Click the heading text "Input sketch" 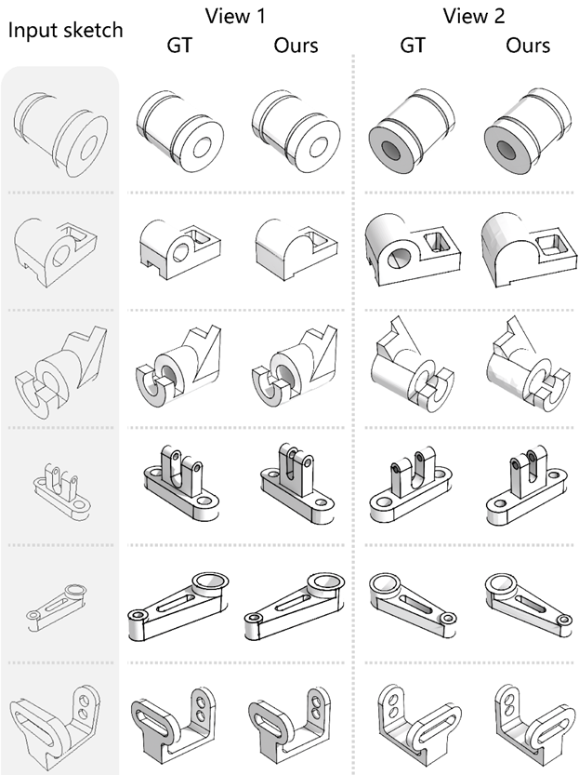tap(66, 31)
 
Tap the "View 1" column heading tap(235, 16)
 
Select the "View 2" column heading tap(474, 16)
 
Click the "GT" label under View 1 tap(179, 46)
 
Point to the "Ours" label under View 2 tap(528, 46)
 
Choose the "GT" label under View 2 tap(412, 46)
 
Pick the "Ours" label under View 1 tap(296, 46)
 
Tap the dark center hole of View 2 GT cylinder tap(394, 149)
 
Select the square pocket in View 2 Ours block tap(550, 246)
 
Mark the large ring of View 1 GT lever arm tap(210, 581)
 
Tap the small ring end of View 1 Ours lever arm tap(255, 619)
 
